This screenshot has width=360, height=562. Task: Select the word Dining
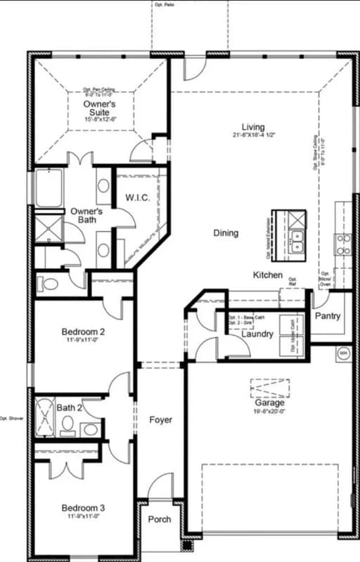(x=226, y=233)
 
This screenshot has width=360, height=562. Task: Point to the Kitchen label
(x=268, y=275)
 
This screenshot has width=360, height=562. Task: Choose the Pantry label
(x=327, y=316)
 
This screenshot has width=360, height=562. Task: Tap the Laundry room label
(x=257, y=334)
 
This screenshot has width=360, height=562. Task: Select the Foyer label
(x=160, y=420)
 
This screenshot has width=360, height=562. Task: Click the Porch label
(x=160, y=519)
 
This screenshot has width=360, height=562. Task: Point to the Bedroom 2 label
(x=83, y=332)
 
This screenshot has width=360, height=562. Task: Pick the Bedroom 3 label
(x=83, y=508)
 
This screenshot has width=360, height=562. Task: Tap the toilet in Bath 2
(x=68, y=424)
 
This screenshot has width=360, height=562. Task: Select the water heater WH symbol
(x=344, y=353)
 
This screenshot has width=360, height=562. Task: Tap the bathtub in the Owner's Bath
(x=48, y=188)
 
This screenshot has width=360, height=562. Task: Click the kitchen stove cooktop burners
(x=343, y=244)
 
